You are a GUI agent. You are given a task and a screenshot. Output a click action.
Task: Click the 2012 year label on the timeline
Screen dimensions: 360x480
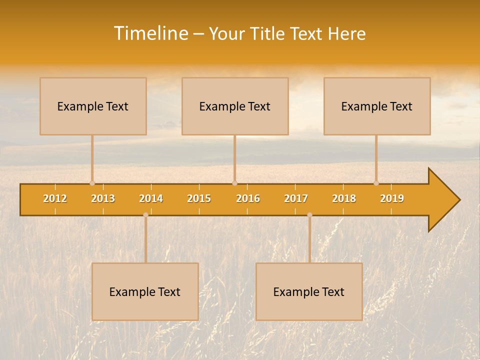point(55,198)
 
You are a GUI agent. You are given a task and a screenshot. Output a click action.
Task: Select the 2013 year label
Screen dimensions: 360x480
point(103,198)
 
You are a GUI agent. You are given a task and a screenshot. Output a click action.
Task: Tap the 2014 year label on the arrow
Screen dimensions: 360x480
point(151,198)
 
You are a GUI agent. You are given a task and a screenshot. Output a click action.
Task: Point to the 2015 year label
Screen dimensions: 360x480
point(199,198)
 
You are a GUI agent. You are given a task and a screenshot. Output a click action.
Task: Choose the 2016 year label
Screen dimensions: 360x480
point(248,198)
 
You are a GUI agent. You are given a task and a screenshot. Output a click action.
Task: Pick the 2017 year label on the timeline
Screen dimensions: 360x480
point(296,198)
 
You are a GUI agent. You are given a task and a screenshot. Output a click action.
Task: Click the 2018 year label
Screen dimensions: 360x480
point(344,198)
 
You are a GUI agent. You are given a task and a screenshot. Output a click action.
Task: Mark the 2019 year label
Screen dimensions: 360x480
point(392,198)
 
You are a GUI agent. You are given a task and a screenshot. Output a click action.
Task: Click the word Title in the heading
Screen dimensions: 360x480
point(269,34)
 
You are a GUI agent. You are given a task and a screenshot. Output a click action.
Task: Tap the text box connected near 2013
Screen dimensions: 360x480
point(93,106)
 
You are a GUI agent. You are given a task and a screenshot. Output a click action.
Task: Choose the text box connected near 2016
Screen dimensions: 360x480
point(235,106)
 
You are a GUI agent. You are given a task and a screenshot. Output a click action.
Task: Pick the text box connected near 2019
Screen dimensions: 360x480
point(377,106)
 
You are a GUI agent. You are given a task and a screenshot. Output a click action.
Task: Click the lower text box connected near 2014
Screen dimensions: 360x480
point(145,291)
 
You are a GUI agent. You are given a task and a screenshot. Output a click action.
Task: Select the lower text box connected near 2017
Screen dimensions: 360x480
point(309,291)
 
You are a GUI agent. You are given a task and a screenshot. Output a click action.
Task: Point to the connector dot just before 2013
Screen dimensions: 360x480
point(92,183)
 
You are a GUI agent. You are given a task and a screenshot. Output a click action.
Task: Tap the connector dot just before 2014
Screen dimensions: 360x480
point(145,214)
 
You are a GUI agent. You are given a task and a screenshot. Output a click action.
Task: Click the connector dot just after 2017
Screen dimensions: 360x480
point(309,214)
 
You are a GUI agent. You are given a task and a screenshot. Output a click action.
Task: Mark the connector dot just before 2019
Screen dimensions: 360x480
point(376,183)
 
